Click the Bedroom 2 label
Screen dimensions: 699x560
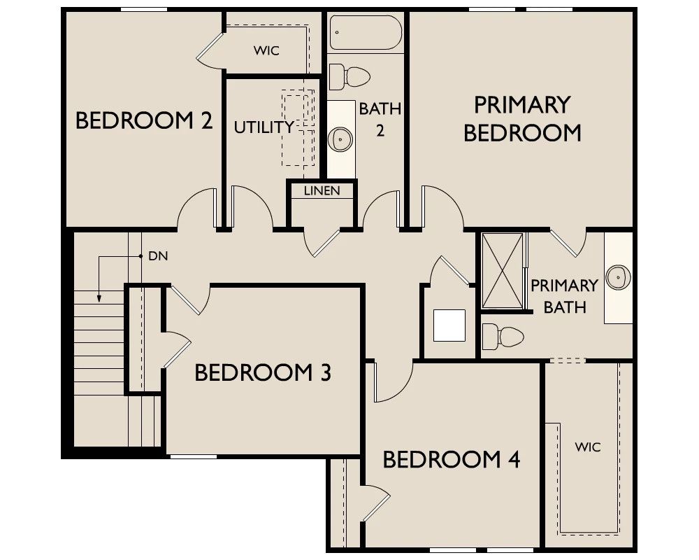(144, 120)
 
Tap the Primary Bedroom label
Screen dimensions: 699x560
(522, 119)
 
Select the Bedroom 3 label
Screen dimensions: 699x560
(263, 372)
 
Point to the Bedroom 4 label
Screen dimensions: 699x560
(452, 459)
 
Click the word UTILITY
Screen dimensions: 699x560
(264, 127)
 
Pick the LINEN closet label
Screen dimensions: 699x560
(322, 190)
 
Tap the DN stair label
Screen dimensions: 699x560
(158, 256)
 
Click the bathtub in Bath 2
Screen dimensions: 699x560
(366, 33)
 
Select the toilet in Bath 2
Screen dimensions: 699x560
(349, 76)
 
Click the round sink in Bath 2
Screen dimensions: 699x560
(340, 139)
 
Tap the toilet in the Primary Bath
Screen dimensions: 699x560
(503, 336)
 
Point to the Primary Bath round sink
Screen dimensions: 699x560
(619, 277)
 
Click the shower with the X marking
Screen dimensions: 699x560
(503, 271)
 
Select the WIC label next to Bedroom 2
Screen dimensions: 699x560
(266, 50)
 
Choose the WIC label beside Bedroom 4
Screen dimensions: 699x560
(588, 447)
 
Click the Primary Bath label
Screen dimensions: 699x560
(564, 296)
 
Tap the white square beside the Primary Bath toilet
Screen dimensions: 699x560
(449, 325)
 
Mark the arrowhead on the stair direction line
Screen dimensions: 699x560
(99, 298)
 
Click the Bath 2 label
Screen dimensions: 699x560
(380, 119)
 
